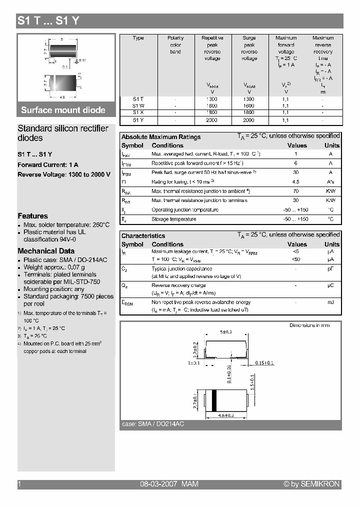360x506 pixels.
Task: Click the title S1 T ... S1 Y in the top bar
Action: click(48, 20)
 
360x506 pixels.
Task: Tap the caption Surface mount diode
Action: click(63, 110)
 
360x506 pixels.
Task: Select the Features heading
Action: click(33, 216)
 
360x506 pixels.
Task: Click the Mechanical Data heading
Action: click(46, 251)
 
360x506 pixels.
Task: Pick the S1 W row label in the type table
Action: click(138, 106)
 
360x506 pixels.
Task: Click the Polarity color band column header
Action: click(175, 44)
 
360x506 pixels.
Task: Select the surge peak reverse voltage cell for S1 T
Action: click(249, 99)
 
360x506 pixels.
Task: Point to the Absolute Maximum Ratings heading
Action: click(161, 137)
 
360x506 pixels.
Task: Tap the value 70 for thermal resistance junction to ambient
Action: click(296, 191)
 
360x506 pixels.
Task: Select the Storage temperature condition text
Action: click(174, 219)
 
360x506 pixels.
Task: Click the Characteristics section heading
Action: click(143, 236)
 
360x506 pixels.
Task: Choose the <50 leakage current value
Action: click(296, 260)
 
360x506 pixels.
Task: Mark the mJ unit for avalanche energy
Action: click(330, 302)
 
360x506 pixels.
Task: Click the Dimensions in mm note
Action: click(309, 325)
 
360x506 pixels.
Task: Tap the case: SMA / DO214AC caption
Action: click(153, 424)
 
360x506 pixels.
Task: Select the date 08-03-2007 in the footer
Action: click(157, 484)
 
